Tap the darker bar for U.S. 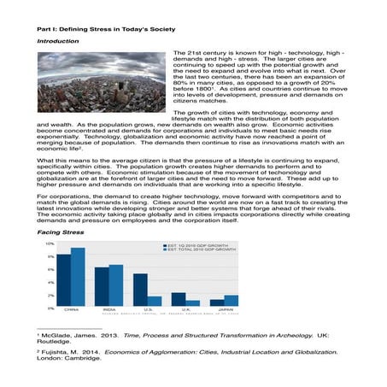(140, 290)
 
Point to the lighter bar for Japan (232, 301)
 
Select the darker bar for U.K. (179, 300)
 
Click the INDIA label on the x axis (108, 310)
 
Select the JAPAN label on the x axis (225, 310)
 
